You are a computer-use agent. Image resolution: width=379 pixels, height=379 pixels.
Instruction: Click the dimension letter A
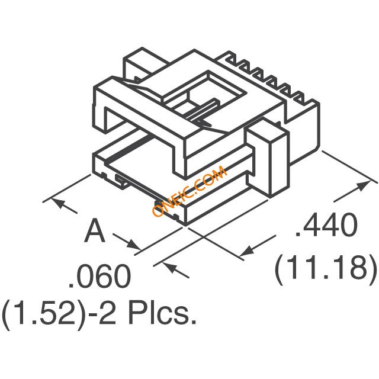(x=95, y=230)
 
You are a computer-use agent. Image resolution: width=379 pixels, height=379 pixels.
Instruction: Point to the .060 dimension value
(x=99, y=276)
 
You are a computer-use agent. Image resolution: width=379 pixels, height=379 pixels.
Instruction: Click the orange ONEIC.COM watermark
(x=189, y=191)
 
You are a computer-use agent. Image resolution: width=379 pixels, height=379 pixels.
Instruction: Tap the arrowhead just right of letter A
(x=133, y=244)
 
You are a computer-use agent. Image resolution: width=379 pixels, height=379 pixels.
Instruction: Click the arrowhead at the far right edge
(x=364, y=185)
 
